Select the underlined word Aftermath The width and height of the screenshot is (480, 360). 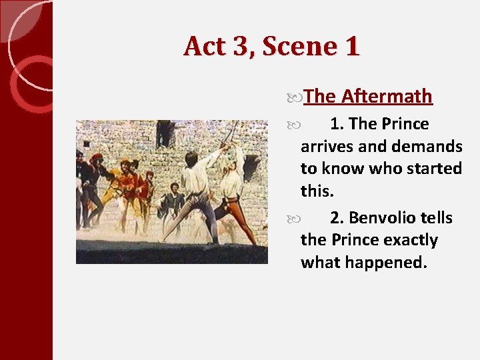click(387, 97)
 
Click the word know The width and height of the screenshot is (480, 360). click(345, 168)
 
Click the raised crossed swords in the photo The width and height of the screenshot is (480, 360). click(229, 133)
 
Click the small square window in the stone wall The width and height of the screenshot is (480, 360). click(86, 143)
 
